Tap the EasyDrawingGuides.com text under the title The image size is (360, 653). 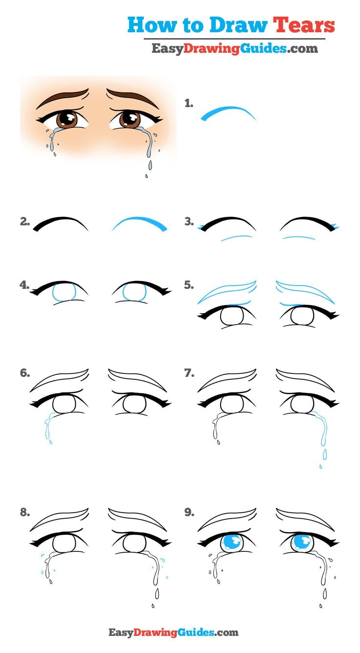[234, 48]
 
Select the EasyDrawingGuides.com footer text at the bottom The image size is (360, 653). [173, 632]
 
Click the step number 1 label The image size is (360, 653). [189, 103]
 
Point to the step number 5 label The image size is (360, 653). [189, 285]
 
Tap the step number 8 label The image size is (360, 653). [24, 513]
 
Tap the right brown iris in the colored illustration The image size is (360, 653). [130, 119]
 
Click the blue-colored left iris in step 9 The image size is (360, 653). [231, 544]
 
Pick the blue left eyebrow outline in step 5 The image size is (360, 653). [226, 292]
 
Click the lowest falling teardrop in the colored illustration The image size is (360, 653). [146, 176]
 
